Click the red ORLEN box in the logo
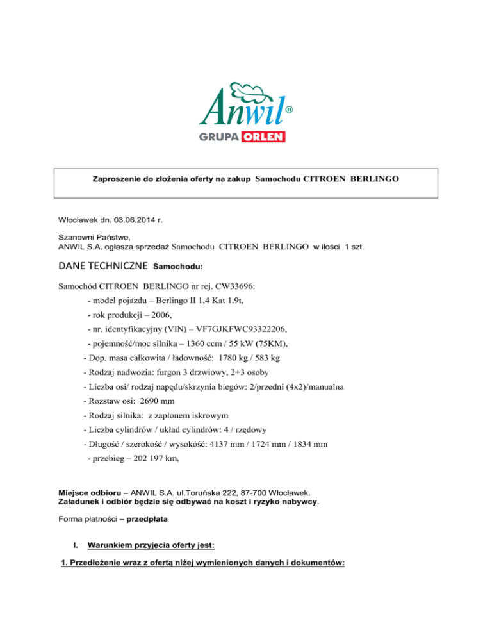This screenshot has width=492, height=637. [263, 137]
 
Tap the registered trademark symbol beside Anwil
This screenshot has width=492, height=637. [289, 111]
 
